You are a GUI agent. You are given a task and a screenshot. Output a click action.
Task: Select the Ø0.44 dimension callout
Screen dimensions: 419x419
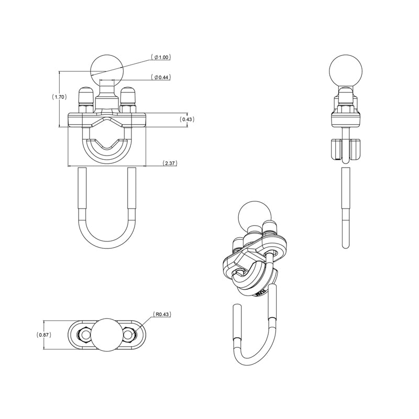(163, 78)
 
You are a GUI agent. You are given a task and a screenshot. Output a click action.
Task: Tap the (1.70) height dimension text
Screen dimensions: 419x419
(59, 97)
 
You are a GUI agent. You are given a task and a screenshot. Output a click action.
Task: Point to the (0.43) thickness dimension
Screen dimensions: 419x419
(187, 119)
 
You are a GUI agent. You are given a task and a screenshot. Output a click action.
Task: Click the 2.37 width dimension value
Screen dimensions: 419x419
(170, 163)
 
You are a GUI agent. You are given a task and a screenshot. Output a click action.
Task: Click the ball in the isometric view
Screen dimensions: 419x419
(253, 215)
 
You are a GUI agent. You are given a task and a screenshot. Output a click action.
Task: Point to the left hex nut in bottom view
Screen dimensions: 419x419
(83, 334)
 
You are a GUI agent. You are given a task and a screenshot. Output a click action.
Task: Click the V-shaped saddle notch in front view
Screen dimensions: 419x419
(107, 145)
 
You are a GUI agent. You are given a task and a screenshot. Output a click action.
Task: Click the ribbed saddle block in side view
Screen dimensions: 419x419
(345, 149)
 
